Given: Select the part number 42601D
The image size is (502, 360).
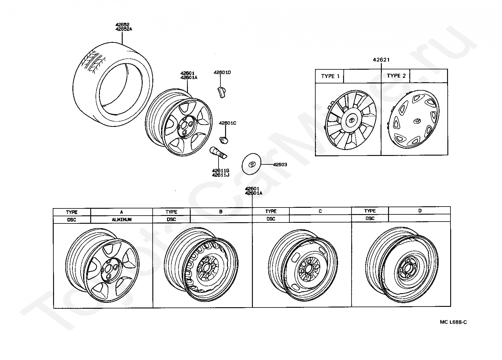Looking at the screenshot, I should (x=222, y=72).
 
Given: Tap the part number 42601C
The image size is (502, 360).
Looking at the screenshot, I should (x=227, y=123).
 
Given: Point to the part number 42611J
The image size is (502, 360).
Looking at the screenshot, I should (x=220, y=175).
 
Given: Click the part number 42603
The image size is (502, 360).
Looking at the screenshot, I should (x=280, y=164).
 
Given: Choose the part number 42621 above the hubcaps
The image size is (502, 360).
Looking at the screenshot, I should (x=381, y=60).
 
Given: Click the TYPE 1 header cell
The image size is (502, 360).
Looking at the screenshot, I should (x=329, y=76).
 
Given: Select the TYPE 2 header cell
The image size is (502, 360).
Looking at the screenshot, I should (x=396, y=76).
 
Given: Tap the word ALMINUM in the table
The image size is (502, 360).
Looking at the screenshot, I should (x=121, y=219).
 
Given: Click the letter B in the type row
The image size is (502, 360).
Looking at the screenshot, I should (x=221, y=211).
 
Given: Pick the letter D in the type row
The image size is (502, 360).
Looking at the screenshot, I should (x=420, y=211).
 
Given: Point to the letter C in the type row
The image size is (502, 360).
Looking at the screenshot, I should (x=320, y=211).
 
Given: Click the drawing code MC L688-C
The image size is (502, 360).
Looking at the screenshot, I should (x=453, y=322).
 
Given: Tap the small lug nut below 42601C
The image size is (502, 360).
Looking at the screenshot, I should (x=224, y=139).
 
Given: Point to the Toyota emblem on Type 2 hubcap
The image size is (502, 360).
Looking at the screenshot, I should (x=417, y=121).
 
